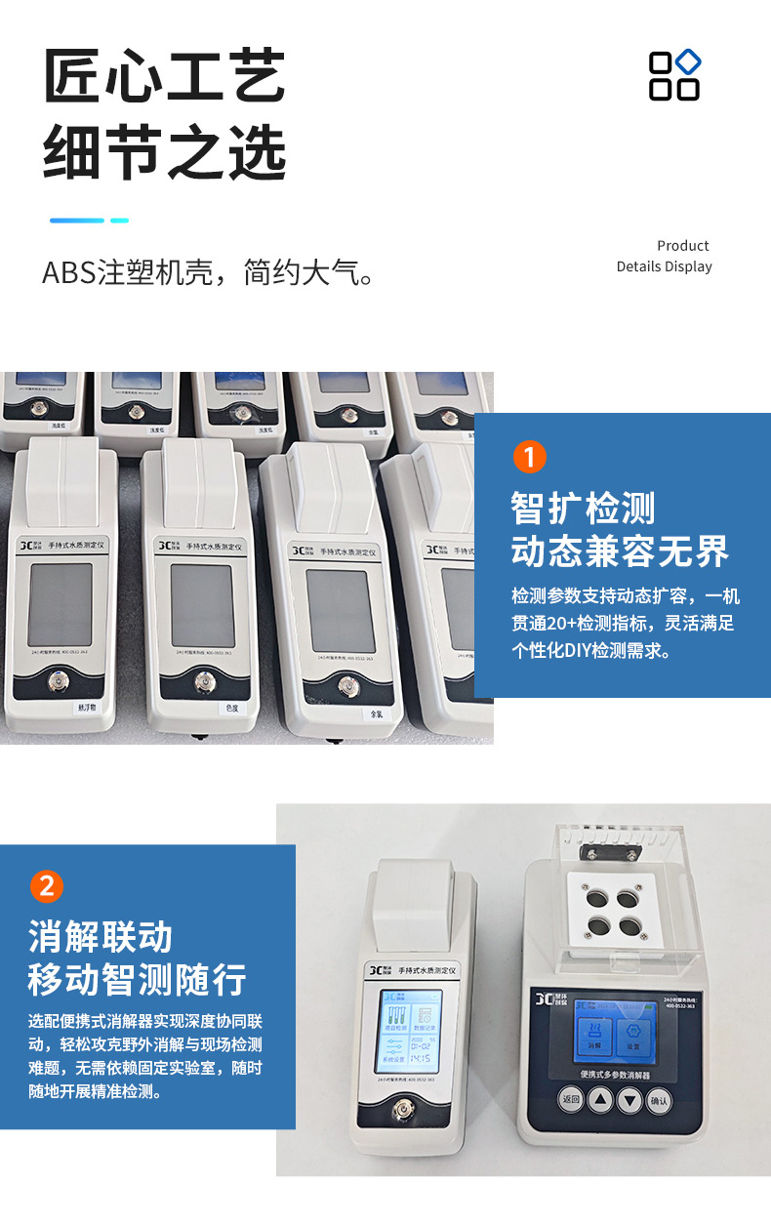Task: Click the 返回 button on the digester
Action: pyautogui.click(x=571, y=1100)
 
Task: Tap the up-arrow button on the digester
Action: pyautogui.click(x=601, y=1100)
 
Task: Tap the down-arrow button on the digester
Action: pyautogui.click(x=630, y=1100)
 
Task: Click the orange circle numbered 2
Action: pyautogui.click(x=47, y=886)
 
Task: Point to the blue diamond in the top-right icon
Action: pyautogui.click(x=689, y=61)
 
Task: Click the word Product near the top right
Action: pyautogui.click(x=682, y=246)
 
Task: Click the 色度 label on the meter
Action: pyautogui.click(x=232, y=709)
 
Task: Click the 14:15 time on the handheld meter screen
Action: pyautogui.click(x=421, y=1057)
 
